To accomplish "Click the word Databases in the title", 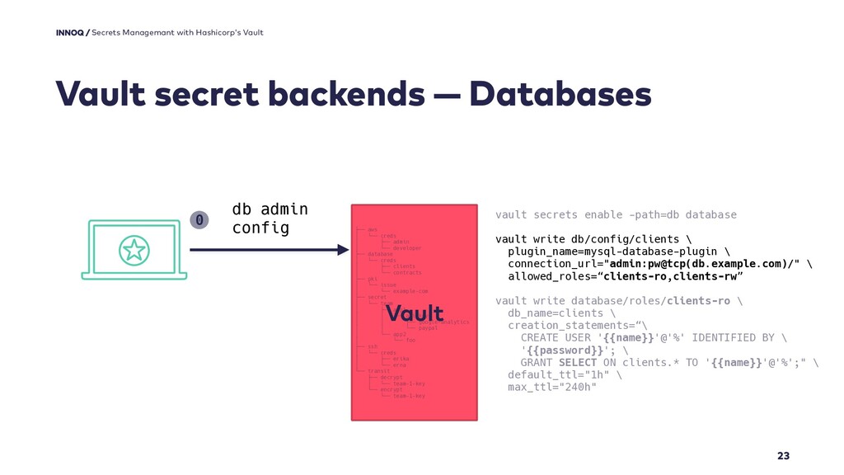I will tap(560, 94).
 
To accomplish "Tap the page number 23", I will tap(783, 456).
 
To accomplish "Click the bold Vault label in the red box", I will tap(415, 314).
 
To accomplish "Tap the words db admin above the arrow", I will tap(270, 209).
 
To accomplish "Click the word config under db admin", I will tap(260, 227).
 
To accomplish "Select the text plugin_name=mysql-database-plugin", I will tap(610, 251).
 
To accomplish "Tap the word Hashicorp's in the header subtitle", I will tap(216, 32).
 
